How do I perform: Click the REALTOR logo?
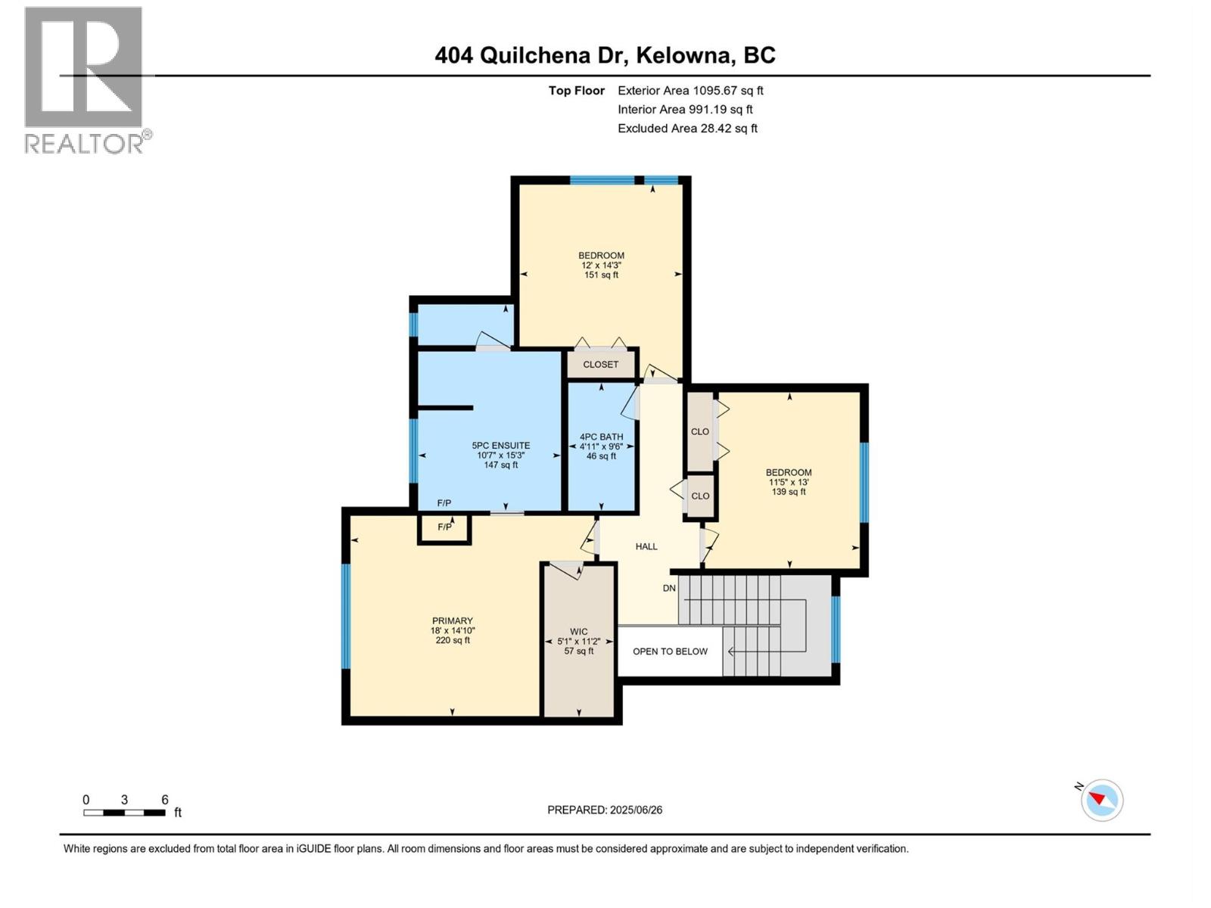(x=85, y=79)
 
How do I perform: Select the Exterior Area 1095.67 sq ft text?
(x=690, y=91)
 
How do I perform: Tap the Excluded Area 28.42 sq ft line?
(x=687, y=129)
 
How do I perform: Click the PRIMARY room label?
(x=452, y=621)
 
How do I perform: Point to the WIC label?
(x=578, y=632)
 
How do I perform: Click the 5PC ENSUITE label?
(x=500, y=446)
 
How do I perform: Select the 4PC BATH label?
(x=601, y=437)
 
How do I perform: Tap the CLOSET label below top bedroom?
(x=600, y=365)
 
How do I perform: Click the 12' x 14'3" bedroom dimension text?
(x=601, y=266)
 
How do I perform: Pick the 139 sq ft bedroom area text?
(x=789, y=492)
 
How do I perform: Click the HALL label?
(x=646, y=546)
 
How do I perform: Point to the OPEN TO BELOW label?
(x=670, y=651)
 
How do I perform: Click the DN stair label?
(x=669, y=588)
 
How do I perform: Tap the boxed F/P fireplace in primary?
(x=444, y=527)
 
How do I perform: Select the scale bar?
(x=124, y=813)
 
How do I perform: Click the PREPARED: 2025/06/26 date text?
(x=605, y=810)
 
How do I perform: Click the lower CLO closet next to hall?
(x=700, y=496)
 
